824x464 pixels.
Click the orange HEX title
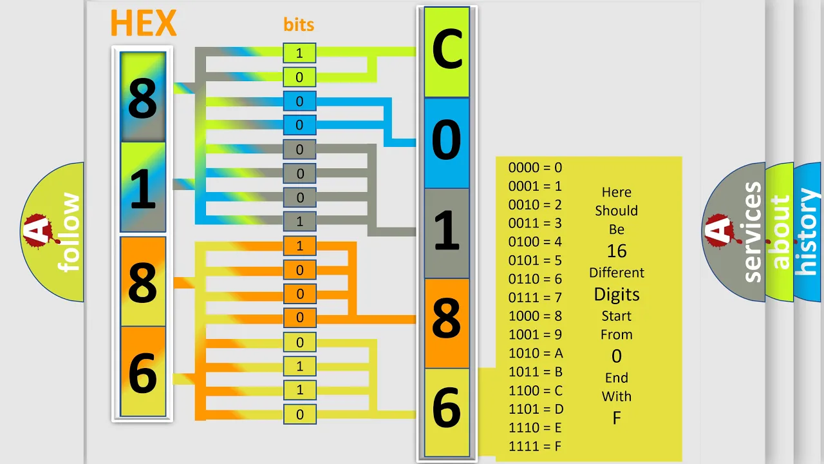144,23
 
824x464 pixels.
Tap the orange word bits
299,24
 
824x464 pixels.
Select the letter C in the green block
447,50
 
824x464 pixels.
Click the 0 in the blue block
446,140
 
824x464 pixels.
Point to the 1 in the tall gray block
447,230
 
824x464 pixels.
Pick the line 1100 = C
536,391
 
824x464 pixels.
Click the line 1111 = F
535,447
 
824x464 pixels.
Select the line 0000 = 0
535,168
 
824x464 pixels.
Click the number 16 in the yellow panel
617,251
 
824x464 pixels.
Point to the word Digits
617,295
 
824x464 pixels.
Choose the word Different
617,273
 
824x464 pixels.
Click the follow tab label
69,232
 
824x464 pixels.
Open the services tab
753,232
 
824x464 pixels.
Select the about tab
781,232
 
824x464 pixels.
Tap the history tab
808,232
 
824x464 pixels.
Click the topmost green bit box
299,53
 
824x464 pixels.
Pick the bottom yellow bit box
299,414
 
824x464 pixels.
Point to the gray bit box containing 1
299,221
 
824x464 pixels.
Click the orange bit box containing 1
299,246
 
